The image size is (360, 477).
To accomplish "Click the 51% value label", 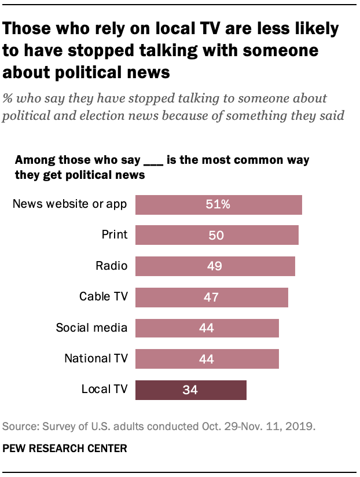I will [218, 204].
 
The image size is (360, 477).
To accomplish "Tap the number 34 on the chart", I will [190, 390].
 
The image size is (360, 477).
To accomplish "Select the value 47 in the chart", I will [211, 298].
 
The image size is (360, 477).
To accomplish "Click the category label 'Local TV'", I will [104, 390].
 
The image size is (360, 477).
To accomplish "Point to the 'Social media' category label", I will [91, 328].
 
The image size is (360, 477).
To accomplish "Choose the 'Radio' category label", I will [112, 266].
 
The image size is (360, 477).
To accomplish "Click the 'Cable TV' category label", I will [104, 298].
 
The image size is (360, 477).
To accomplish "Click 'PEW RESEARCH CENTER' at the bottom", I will [65, 449].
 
